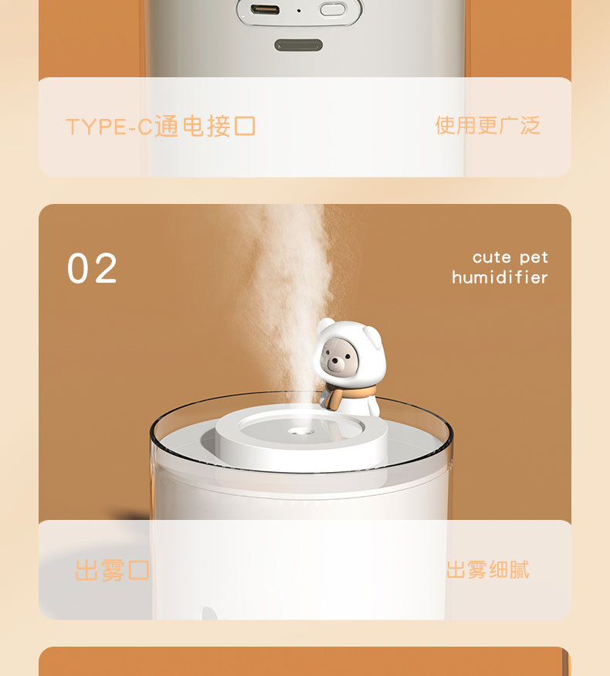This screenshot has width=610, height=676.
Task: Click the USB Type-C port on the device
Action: [265, 9]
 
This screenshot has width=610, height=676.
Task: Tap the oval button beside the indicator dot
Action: [333, 9]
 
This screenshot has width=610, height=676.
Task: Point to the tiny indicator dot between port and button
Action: [299, 10]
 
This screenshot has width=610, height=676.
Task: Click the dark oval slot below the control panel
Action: [299, 45]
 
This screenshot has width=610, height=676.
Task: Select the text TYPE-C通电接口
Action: [161, 127]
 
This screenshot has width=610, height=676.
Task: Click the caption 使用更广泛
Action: [487, 125]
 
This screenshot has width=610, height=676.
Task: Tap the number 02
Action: [92, 268]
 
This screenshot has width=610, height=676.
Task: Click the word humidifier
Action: [500, 277]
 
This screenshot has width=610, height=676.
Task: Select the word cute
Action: [492, 257]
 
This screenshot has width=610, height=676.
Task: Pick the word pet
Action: [534, 258]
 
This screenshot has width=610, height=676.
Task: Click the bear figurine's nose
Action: [334, 361]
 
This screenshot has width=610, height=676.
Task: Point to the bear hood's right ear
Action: [371, 336]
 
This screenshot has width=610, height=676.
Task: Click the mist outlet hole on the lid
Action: [300, 430]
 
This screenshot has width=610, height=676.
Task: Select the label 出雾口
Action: [113, 570]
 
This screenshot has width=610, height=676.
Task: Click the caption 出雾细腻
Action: [487, 570]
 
